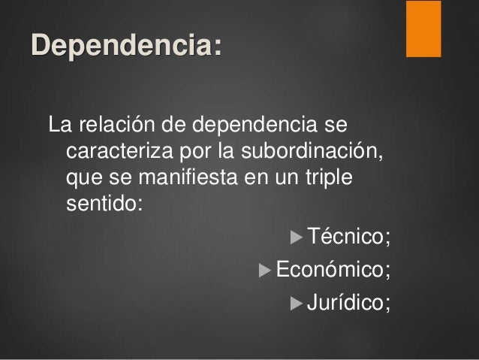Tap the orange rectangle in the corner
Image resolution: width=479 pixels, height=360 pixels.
pyautogui.click(x=423, y=29)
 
